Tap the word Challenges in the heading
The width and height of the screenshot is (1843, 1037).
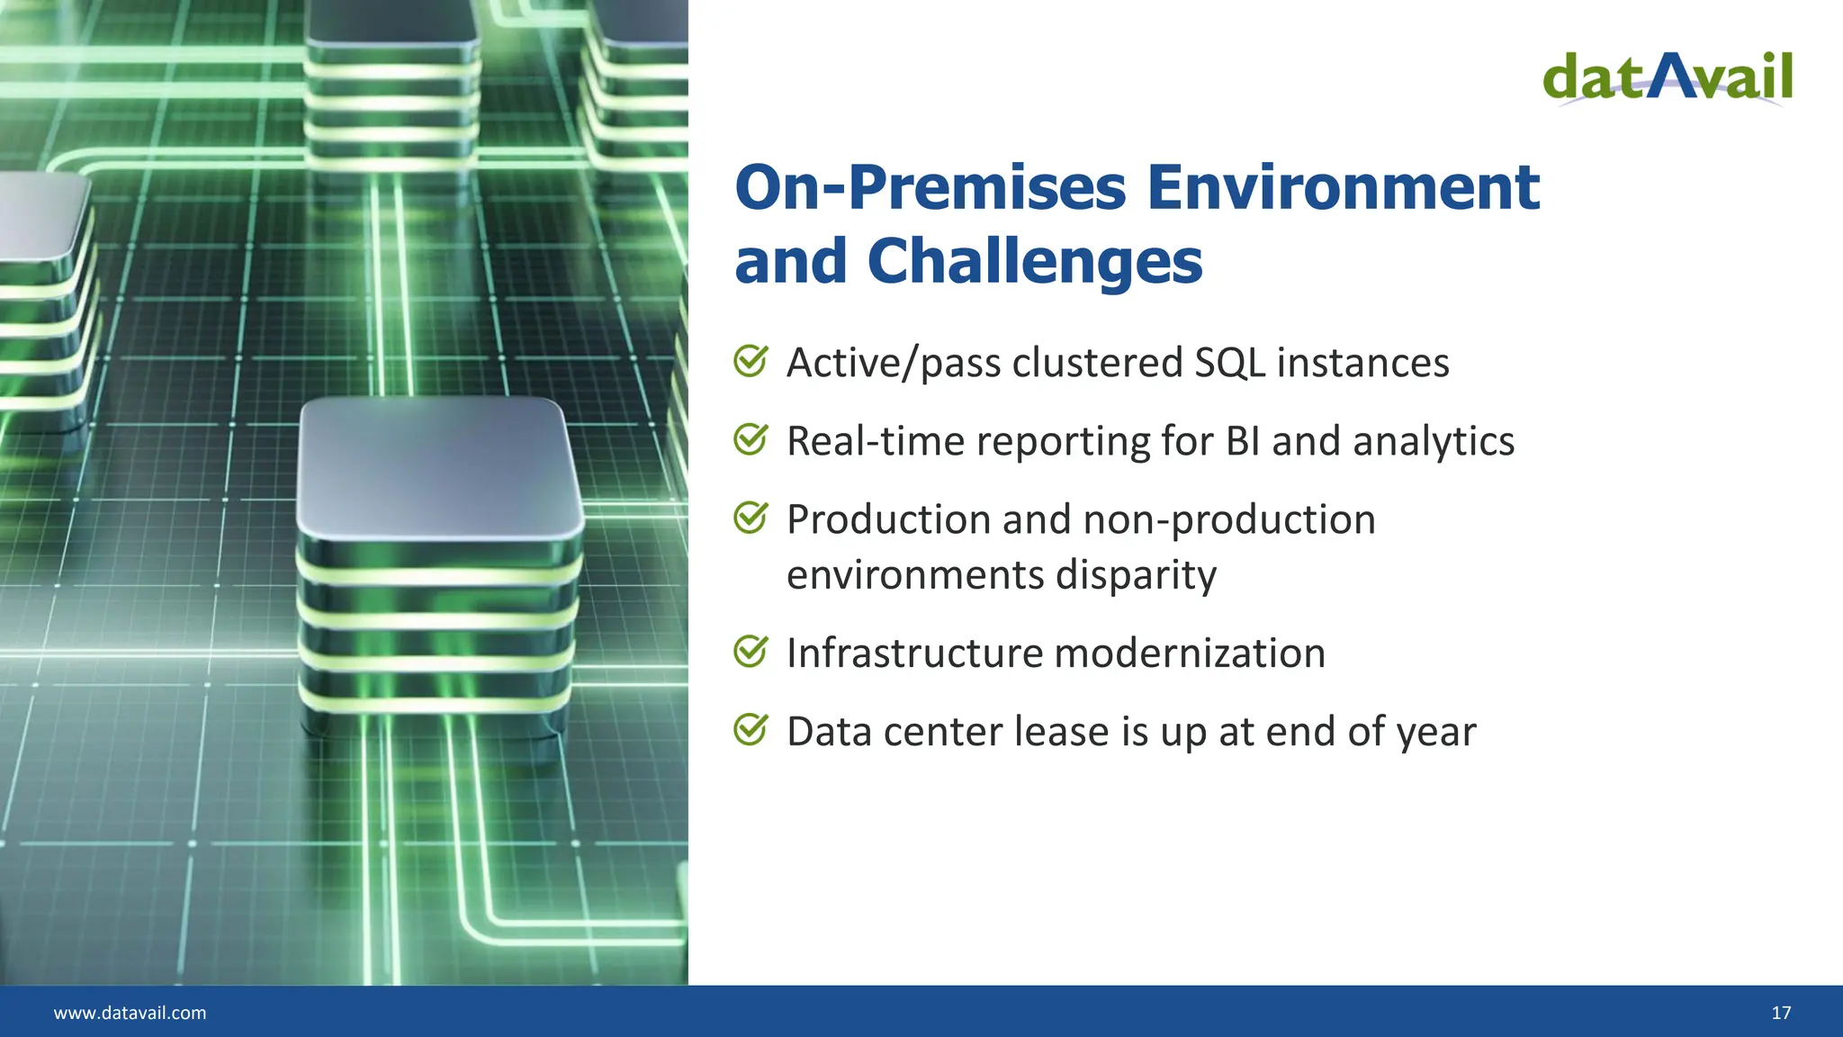coord(1034,262)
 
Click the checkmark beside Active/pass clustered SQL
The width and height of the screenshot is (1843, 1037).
coord(751,361)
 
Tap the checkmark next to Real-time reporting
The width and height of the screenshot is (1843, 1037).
coord(751,439)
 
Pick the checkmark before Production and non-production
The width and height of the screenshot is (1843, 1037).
coord(751,518)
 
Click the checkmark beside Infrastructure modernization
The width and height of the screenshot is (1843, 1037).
coord(751,651)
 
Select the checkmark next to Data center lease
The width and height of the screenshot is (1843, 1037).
coord(751,729)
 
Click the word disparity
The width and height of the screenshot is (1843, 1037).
coord(1136,575)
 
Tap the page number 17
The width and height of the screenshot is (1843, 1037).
coord(1781,1013)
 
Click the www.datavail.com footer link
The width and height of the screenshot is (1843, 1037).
coord(130,1013)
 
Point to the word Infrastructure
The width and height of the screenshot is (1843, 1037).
coord(910,653)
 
